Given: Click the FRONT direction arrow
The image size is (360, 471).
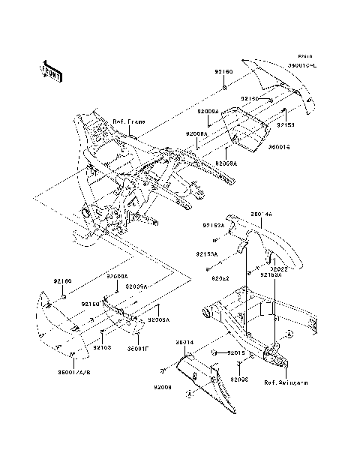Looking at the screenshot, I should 51,70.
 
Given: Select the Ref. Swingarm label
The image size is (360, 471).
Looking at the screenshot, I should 286,382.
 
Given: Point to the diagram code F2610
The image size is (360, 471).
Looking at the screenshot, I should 304,57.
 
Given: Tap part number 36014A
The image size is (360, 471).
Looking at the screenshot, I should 262,214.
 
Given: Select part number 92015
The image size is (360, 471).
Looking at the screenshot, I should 238,352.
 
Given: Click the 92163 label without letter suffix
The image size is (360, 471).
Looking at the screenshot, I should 103,347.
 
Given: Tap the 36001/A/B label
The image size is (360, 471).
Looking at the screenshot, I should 73,372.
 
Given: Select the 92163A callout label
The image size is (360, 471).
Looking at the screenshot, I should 271,275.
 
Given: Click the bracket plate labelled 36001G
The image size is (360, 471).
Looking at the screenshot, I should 241,127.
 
